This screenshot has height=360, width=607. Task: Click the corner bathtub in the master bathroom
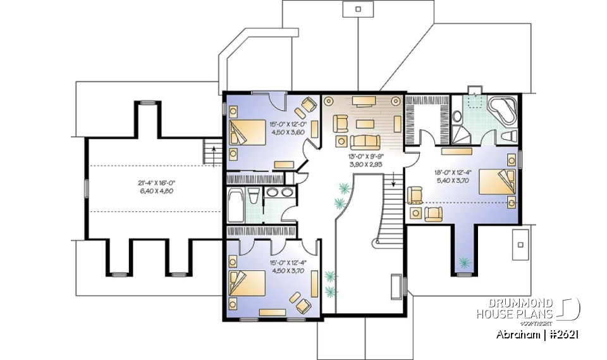pos(503,110)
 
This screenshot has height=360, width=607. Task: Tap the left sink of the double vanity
pos(272,192)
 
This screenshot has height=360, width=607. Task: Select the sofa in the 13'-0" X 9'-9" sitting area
pos(363,141)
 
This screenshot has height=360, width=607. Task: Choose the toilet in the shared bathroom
pos(252,196)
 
